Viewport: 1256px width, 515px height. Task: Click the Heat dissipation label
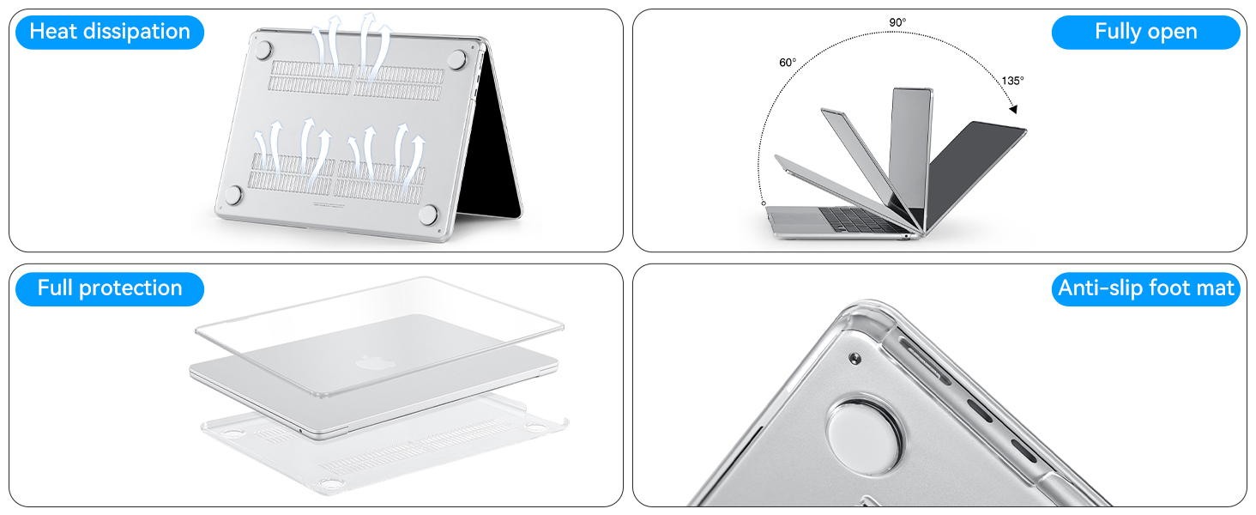pyautogui.click(x=110, y=32)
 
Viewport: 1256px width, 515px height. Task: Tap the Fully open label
pyautogui.click(x=1145, y=32)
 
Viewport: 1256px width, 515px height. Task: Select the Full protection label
pyautogui.click(x=110, y=288)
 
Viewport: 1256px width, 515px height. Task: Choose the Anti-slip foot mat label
pyautogui.click(x=1146, y=288)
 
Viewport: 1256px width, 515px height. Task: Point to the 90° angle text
pyautogui.click(x=897, y=21)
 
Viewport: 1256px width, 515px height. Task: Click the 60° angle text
pyautogui.click(x=788, y=63)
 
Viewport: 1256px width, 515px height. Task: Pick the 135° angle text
pyautogui.click(x=1012, y=81)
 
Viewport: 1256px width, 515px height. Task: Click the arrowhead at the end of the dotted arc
pyautogui.click(x=1013, y=109)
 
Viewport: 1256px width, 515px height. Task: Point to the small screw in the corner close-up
pyautogui.click(x=854, y=356)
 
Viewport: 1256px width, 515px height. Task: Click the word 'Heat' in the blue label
pyautogui.click(x=53, y=32)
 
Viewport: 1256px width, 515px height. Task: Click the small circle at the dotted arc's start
pyautogui.click(x=764, y=203)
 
